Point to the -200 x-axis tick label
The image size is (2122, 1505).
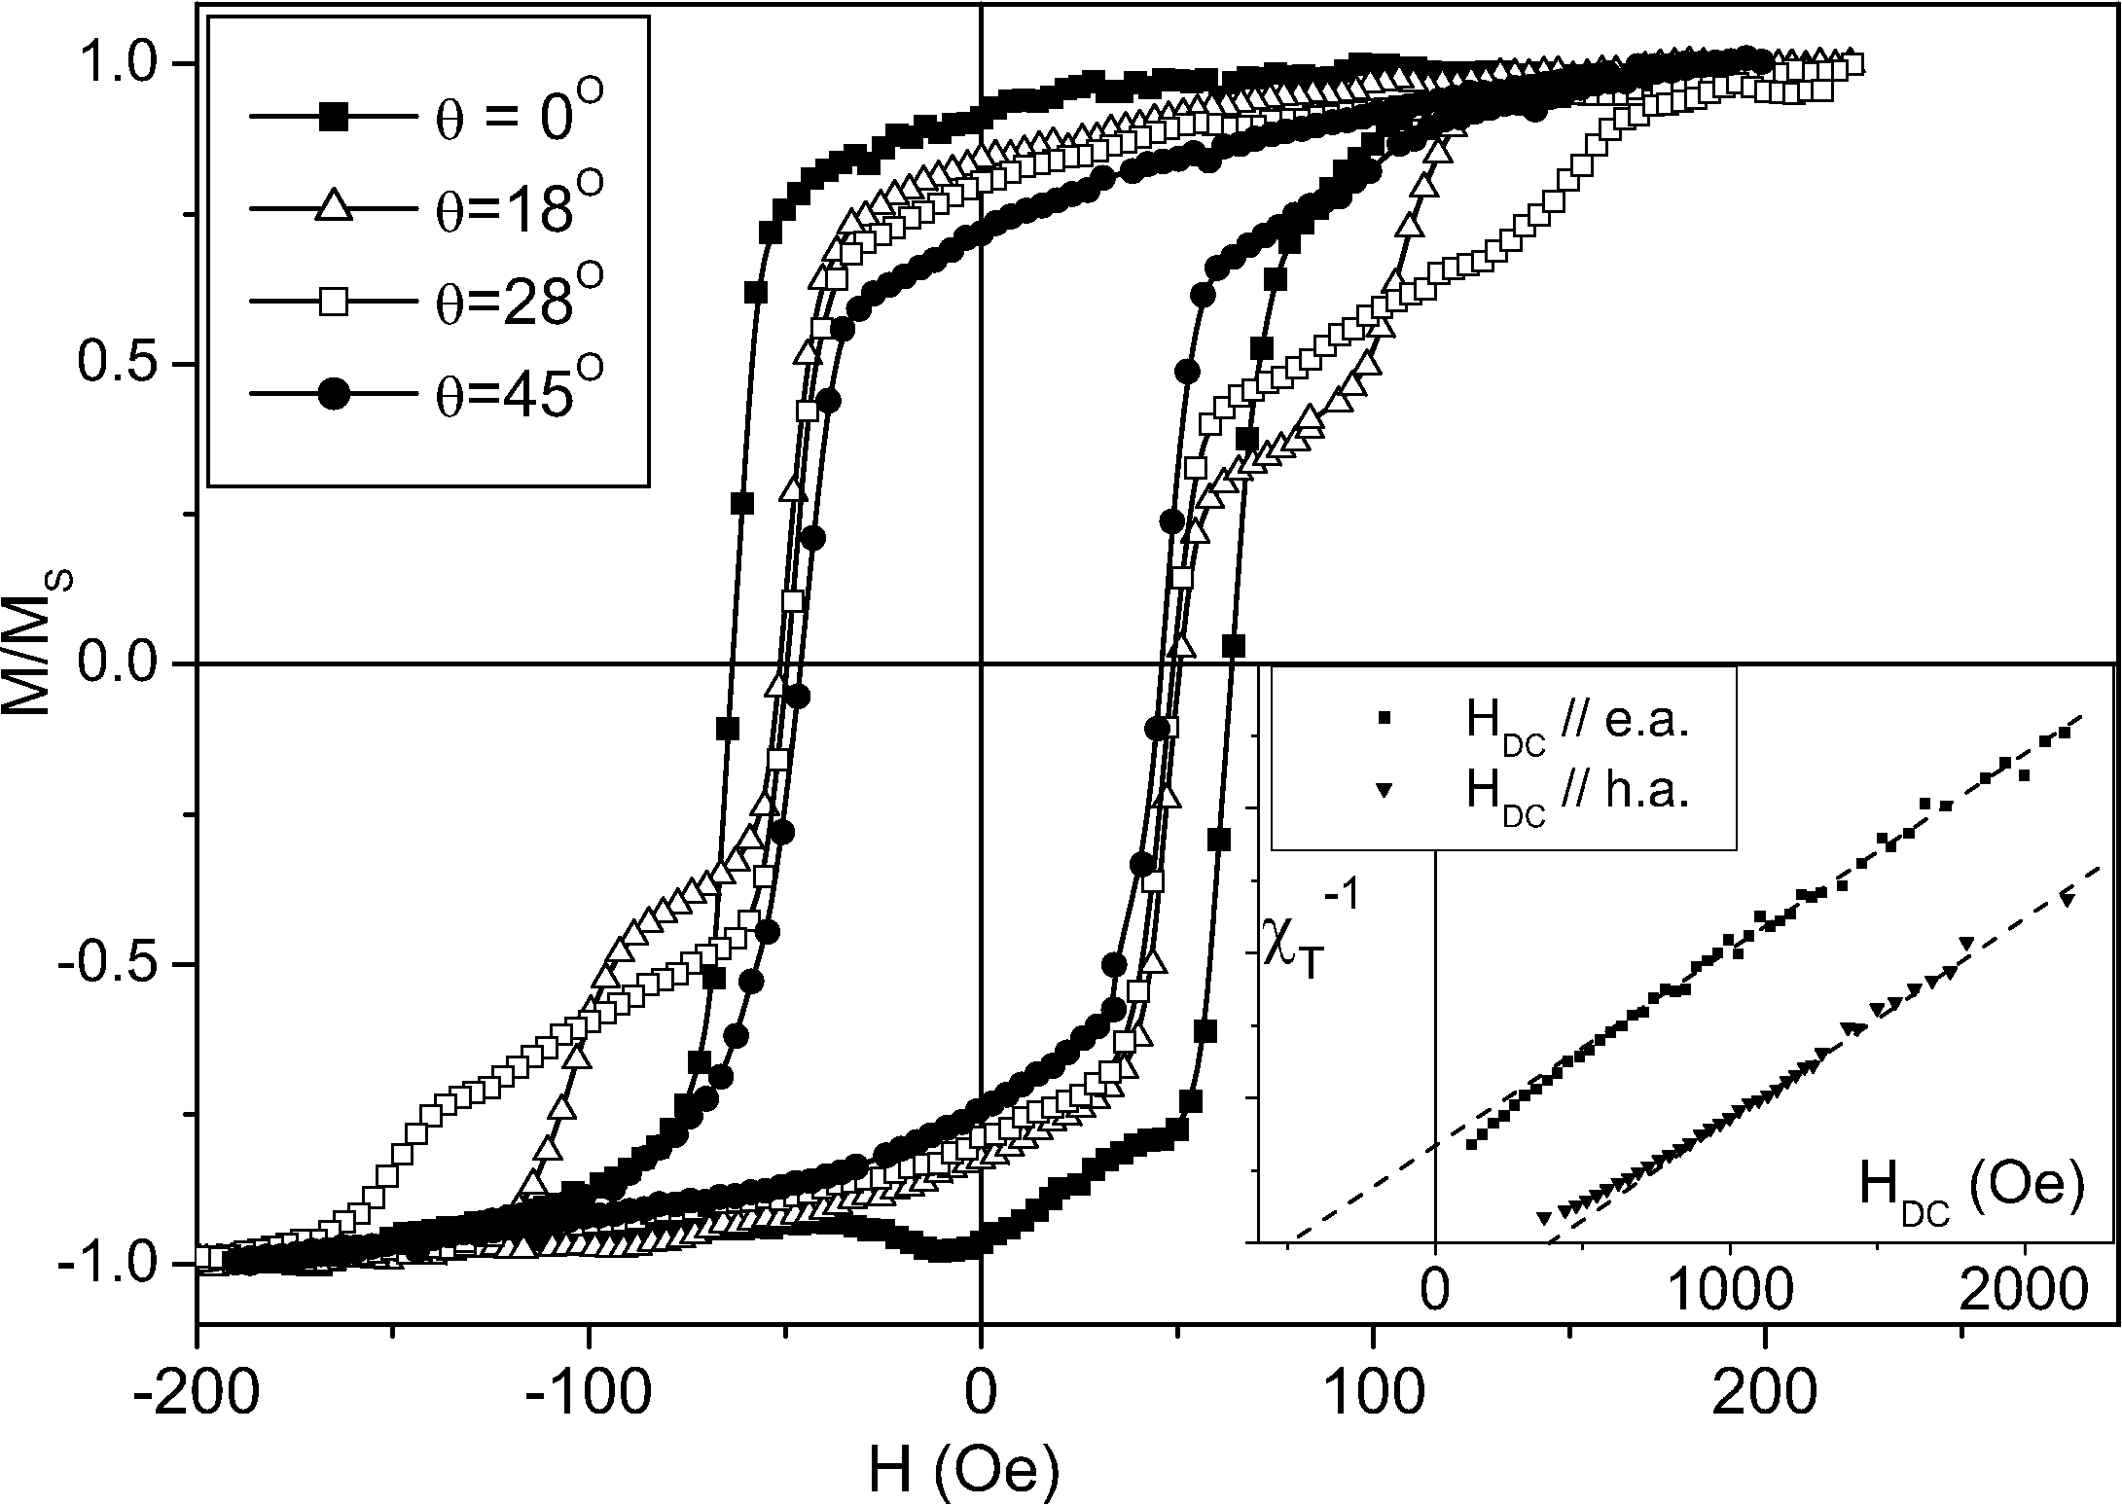tap(198, 1392)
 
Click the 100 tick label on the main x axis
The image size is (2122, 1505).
tap(1373, 1392)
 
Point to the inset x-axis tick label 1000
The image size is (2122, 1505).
tap(1730, 1292)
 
